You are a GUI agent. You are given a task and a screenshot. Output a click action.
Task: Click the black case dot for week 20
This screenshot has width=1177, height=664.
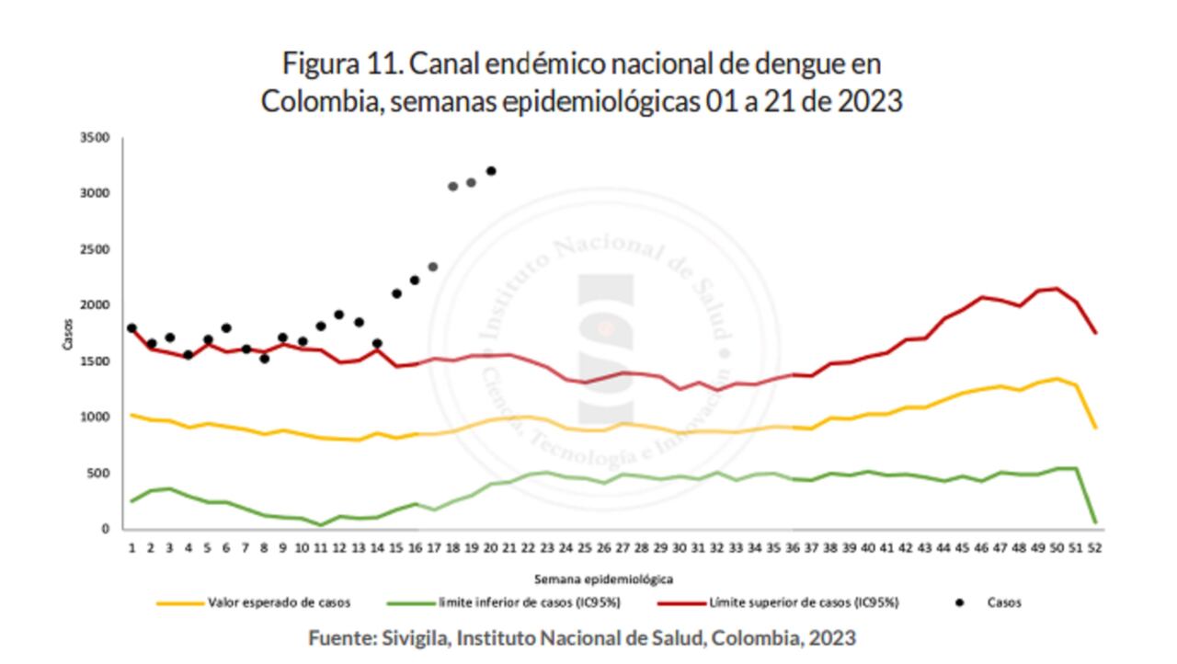(x=491, y=171)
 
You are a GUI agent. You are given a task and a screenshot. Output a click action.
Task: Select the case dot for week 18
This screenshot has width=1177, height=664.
(x=452, y=187)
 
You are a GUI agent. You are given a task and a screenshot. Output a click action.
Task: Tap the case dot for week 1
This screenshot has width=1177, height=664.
(x=131, y=328)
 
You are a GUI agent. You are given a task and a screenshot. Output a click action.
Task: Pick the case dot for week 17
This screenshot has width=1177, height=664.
(x=433, y=267)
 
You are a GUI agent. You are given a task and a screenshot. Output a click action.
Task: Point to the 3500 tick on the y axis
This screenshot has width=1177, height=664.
(x=95, y=138)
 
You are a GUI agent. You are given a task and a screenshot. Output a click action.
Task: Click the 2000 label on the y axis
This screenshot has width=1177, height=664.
(x=95, y=305)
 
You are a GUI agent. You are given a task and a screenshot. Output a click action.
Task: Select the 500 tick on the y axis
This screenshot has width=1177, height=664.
(x=97, y=474)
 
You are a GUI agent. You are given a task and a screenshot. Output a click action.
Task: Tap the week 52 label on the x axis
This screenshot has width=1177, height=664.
(x=1095, y=547)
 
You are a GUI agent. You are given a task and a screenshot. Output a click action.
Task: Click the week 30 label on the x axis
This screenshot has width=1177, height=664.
(x=680, y=547)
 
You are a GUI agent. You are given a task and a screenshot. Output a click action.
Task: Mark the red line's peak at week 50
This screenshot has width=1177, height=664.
(x=1057, y=289)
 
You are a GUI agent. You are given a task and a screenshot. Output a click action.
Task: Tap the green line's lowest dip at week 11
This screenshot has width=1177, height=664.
(x=321, y=525)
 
